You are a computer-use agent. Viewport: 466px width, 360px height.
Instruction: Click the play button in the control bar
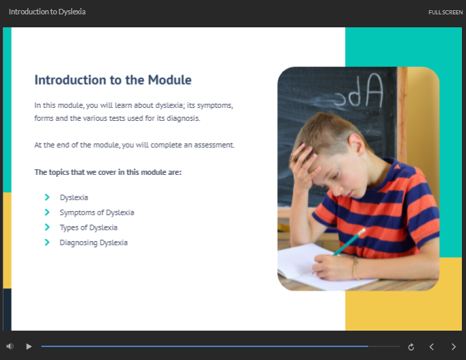(29, 346)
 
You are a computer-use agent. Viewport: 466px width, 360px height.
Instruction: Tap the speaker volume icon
(10, 346)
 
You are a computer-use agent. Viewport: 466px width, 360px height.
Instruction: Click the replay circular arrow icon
(411, 346)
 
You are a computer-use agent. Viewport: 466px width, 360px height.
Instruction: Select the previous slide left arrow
(432, 346)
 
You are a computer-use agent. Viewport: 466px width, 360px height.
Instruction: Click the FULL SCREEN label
(446, 12)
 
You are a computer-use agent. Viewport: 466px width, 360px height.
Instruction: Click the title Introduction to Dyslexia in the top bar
(47, 12)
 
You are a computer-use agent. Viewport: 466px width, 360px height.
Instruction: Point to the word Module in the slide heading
(169, 80)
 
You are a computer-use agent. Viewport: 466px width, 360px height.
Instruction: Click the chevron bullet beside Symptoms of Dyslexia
(47, 212)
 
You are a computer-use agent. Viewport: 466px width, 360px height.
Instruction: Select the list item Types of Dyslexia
(89, 227)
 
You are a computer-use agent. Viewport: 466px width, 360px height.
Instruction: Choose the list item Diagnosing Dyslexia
(94, 243)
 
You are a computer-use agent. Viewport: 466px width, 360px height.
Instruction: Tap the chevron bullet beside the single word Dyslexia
(47, 197)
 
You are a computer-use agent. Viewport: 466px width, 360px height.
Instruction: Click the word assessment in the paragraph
(214, 145)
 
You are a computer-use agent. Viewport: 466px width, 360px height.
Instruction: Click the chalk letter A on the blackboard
(374, 90)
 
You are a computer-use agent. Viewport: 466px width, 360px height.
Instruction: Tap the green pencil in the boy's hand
(349, 242)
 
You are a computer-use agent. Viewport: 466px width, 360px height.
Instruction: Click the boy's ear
(357, 145)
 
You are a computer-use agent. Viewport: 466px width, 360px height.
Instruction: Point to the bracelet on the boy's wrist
(355, 268)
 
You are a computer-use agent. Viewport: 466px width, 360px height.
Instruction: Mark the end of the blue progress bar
(368, 346)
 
